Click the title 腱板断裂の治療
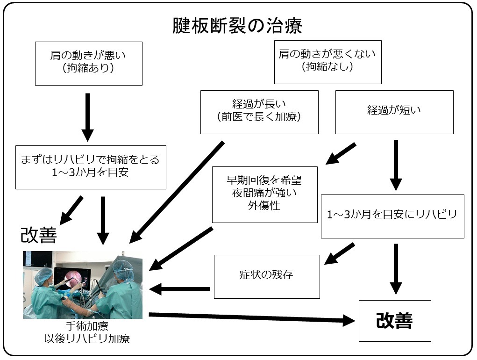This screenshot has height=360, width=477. pyautogui.click(x=237, y=26)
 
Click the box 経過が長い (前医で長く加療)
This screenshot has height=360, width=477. pyautogui.click(x=259, y=112)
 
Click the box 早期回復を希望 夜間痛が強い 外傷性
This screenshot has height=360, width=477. pyautogui.click(x=264, y=194)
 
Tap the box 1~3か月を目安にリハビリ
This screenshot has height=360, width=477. pyautogui.click(x=392, y=216)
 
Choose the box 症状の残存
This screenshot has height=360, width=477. pyautogui.click(x=266, y=276)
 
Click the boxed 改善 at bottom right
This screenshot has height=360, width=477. pyautogui.click(x=394, y=321)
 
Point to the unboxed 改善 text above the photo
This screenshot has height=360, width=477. pyautogui.click(x=39, y=236)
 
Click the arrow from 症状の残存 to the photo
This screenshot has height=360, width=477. pyautogui.click(x=179, y=289)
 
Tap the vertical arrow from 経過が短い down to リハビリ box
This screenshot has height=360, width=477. pyautogui.click(x=396, y=165)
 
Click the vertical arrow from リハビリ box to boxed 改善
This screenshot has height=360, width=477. pyautogui.click(x=396, y=268)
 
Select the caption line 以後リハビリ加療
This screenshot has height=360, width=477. pyautogui.click(x=87, y=338)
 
